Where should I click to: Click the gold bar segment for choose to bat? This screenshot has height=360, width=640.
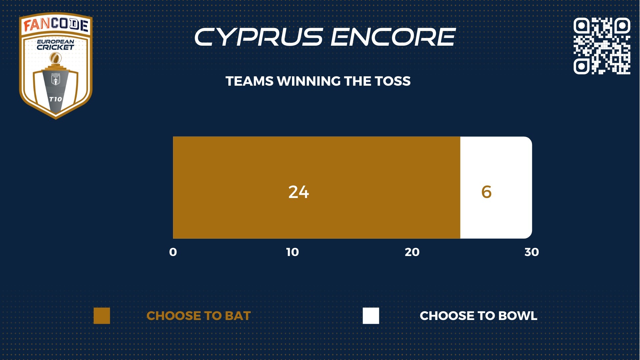pos(316,187)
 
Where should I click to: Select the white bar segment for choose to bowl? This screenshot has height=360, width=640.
pos(496,187)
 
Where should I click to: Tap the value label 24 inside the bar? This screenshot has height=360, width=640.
pos(299,192)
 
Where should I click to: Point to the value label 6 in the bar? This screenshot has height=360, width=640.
pos(486,192)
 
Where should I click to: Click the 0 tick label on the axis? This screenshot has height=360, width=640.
pos(173,252)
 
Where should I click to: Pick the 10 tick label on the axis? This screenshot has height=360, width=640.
pos(292,252)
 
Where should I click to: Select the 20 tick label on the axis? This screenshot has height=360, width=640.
pos(412,252)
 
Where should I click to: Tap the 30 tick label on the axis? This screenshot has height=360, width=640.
pos(532,252)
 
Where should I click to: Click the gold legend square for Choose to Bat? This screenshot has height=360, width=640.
pos(102,316)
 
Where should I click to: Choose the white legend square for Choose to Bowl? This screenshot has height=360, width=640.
pos(371,316)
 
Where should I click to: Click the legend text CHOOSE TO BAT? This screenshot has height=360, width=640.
pos(198,316)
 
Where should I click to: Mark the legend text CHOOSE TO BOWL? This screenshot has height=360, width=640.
pos(478,316)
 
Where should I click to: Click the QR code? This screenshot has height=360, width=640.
pos(602,46)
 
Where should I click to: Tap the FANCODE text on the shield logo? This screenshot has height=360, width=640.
pos(56,24)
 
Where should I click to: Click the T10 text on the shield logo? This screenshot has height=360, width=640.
pos(55,99)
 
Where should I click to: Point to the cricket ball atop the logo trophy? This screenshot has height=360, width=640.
pos(56,59)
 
